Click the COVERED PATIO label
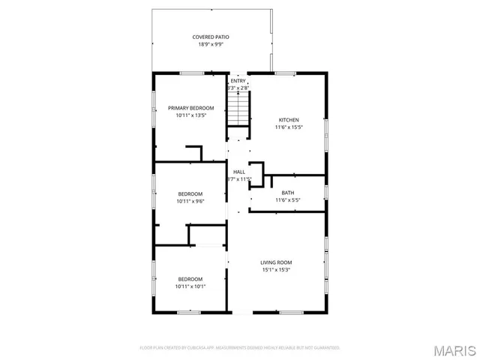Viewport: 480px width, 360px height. pos(211,37)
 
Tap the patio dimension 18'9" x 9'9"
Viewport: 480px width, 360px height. pos(211,44)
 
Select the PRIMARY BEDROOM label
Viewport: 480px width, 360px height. pos(190,108)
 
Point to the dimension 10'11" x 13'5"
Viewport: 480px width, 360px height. pos(190,115)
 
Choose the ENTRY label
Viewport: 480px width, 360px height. pos(238,81)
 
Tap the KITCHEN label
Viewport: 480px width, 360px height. pos(289,120)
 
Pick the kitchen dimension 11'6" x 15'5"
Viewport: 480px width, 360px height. pos(289,127)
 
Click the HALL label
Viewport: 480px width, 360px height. pos(238,172)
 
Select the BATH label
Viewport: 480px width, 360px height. pos(288,193)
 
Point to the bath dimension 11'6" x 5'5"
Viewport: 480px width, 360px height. pos(288,200)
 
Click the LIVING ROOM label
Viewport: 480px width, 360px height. pos(276,262)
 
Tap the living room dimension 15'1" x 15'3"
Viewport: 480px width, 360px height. pos(276,270)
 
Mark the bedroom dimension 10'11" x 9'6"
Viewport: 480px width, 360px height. pos(190,201)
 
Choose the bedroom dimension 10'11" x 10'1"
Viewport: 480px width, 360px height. pos(190,286)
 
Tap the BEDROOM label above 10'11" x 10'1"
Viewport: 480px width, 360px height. pos(190,279)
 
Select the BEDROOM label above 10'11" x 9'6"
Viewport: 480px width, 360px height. pos(190,193)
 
